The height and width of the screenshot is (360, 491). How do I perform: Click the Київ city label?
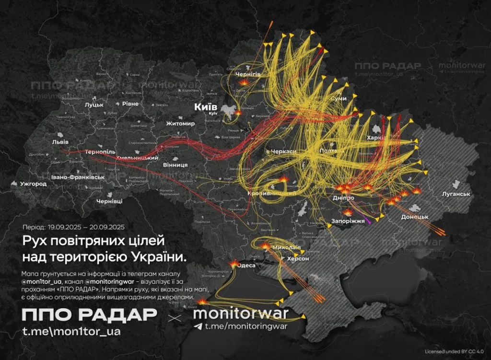coord(205,106)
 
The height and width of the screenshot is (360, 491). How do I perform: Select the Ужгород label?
coord(33,184)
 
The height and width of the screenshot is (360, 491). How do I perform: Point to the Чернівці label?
coord(109,201)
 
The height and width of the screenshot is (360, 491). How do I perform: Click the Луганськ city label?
coord(456,194)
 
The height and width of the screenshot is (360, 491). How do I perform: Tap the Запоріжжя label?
coord(349,221)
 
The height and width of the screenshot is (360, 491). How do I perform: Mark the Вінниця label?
coord(175,164)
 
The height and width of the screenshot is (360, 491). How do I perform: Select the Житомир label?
coord(180,124)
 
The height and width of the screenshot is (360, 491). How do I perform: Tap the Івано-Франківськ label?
coord(78,177)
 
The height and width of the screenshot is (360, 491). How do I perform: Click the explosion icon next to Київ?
coord(238,113)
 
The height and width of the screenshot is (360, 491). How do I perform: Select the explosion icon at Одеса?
coord(234,264)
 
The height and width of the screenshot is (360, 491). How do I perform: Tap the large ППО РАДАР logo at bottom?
coord(89,315)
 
